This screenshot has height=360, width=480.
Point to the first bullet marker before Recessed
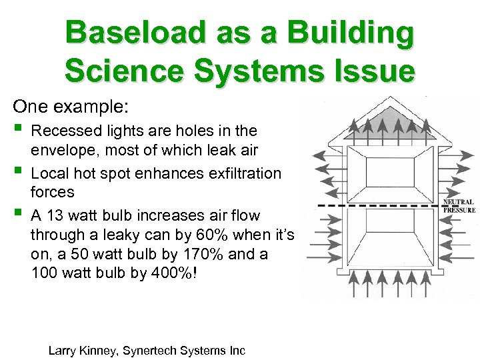(17, 128)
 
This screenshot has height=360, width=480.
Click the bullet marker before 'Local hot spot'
(17, 171)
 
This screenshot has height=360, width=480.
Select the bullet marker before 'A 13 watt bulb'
(17, 214)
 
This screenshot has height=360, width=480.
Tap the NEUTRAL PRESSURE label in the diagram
(459, 206)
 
